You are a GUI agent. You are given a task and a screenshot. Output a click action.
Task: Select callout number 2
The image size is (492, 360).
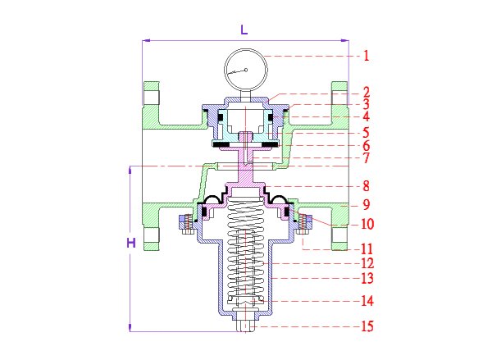(367, 92)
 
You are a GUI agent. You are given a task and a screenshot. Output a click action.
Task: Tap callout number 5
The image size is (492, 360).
(367, 132)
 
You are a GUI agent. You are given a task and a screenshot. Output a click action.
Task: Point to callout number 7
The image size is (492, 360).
(367, 157)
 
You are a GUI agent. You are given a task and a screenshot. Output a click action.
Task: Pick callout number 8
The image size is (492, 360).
(367, 186)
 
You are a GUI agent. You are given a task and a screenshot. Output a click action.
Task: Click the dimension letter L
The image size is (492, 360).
(244, 30)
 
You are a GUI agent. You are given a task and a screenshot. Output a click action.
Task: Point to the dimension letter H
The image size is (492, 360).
(130, 244)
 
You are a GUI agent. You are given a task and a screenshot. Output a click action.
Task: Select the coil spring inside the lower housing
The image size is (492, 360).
(245, 254)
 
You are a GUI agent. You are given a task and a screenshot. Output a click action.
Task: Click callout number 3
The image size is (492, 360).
(367, 105)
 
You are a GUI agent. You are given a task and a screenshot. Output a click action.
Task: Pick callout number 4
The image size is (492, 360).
(367, 117)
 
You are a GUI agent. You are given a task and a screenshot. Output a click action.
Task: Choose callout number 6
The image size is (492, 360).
(367, 145)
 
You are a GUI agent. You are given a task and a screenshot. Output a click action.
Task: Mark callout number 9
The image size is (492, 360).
(367, 203)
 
